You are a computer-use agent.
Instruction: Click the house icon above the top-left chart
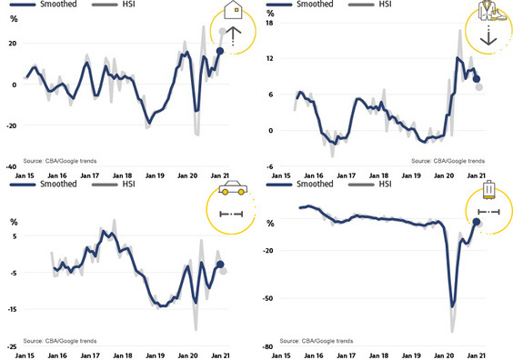233,10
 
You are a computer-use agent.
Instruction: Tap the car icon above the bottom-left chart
233,187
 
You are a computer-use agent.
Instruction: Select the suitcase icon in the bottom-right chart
488,190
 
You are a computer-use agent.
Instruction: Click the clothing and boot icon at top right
491,11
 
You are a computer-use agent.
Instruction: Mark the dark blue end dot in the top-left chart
220,51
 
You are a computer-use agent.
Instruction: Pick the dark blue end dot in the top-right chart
477,79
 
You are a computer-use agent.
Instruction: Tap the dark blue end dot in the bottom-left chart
220,265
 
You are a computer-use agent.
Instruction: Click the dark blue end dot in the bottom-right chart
477,222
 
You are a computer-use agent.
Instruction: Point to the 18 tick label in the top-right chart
269,23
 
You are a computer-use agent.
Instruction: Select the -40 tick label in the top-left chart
11,166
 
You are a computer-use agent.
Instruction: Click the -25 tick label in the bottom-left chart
12,346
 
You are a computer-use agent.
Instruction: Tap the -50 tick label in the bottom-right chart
267,298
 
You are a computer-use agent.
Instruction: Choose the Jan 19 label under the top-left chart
155,175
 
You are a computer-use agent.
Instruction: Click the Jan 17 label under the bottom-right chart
347,355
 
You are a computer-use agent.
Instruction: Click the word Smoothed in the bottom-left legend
58,184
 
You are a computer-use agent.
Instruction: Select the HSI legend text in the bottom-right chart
385,184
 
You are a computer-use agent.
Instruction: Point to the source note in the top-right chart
448,161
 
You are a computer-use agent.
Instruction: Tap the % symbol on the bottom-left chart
14,223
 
